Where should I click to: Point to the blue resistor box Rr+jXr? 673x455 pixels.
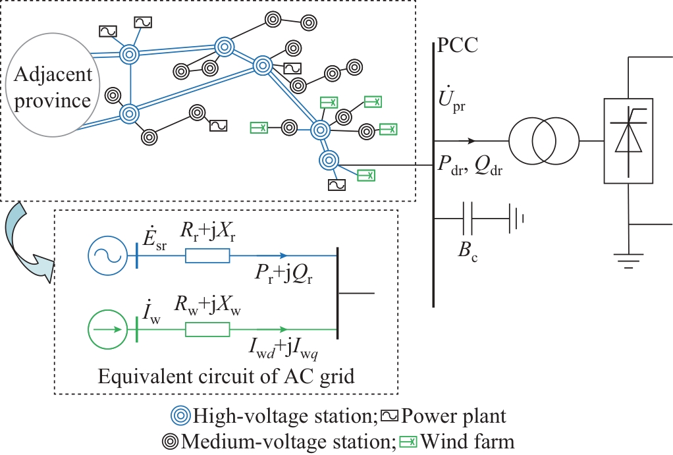click(207, 255)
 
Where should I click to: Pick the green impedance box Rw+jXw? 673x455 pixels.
click(207, 329)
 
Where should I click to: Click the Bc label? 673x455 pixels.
click(468, 252)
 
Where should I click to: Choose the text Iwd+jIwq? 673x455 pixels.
click(283, 350)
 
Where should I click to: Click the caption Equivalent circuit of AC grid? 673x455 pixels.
click(227, 377)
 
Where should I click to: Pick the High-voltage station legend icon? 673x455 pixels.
click(180, 416)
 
